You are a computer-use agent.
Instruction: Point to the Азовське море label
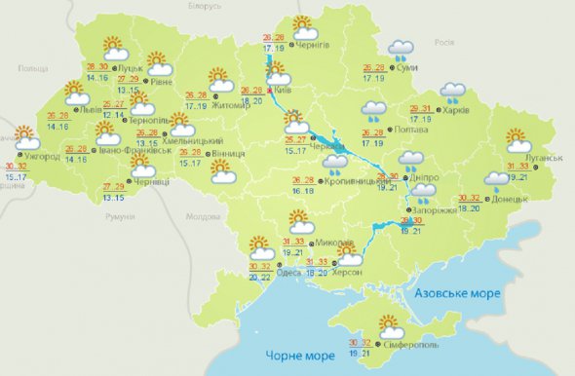(457, 293)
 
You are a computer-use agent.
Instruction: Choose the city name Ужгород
(42, 156)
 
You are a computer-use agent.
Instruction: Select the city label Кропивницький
(352, 182)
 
